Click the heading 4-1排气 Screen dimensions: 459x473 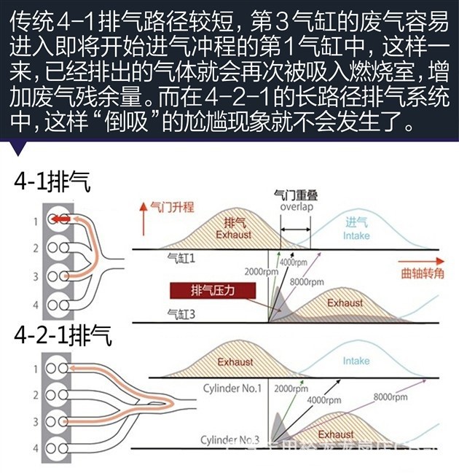point(52,182)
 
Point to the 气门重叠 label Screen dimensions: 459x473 point(295,195)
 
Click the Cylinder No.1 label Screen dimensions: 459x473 point(232,387)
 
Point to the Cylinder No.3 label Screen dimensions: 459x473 point(230,440)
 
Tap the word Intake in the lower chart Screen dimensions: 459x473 point(356,361)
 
